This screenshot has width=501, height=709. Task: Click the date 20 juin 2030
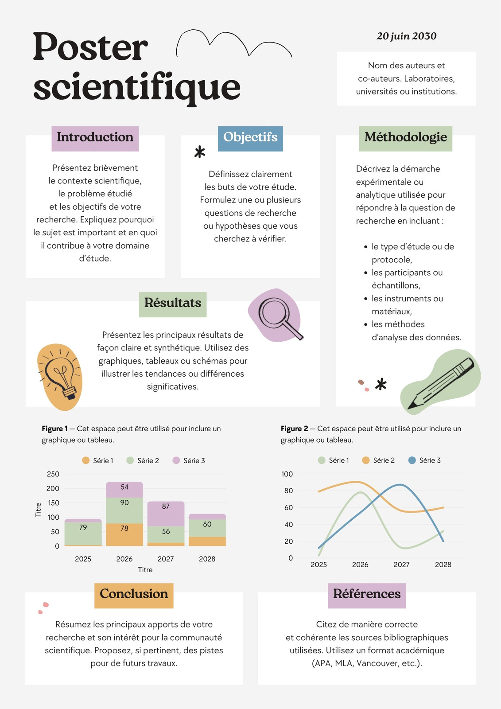click(x=406, y=36)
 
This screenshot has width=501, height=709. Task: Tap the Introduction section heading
click(x=95, y=139)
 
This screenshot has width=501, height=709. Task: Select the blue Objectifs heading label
click(x=250, y=139)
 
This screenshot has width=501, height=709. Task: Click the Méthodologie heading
click(x=405, y=139)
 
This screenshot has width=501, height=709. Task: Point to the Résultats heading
click(x=173, y=304)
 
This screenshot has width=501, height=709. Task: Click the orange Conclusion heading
click(x=134, y=596)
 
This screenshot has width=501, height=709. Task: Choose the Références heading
click(x=367, y=596)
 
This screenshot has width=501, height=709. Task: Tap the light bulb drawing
click(x=60, y=377)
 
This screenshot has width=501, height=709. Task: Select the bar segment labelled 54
click(x=124, y=490)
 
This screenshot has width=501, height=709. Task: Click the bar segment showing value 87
click(x=166, y=514)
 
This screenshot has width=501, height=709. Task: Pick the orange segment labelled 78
click(x=124, y=534)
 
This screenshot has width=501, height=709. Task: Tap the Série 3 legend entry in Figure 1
click(x=189, y=460)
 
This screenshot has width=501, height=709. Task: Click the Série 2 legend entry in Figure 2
click(x=379, y=460)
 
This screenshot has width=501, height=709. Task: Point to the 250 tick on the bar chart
click(x=53, y=474)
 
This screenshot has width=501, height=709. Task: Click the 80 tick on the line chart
click(x=288, y=491)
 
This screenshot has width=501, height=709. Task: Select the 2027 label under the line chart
click(x=401, y=565)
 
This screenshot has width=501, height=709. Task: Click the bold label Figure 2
click(x=294, y=429)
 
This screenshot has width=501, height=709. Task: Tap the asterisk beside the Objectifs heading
click(x=200, y=152)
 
